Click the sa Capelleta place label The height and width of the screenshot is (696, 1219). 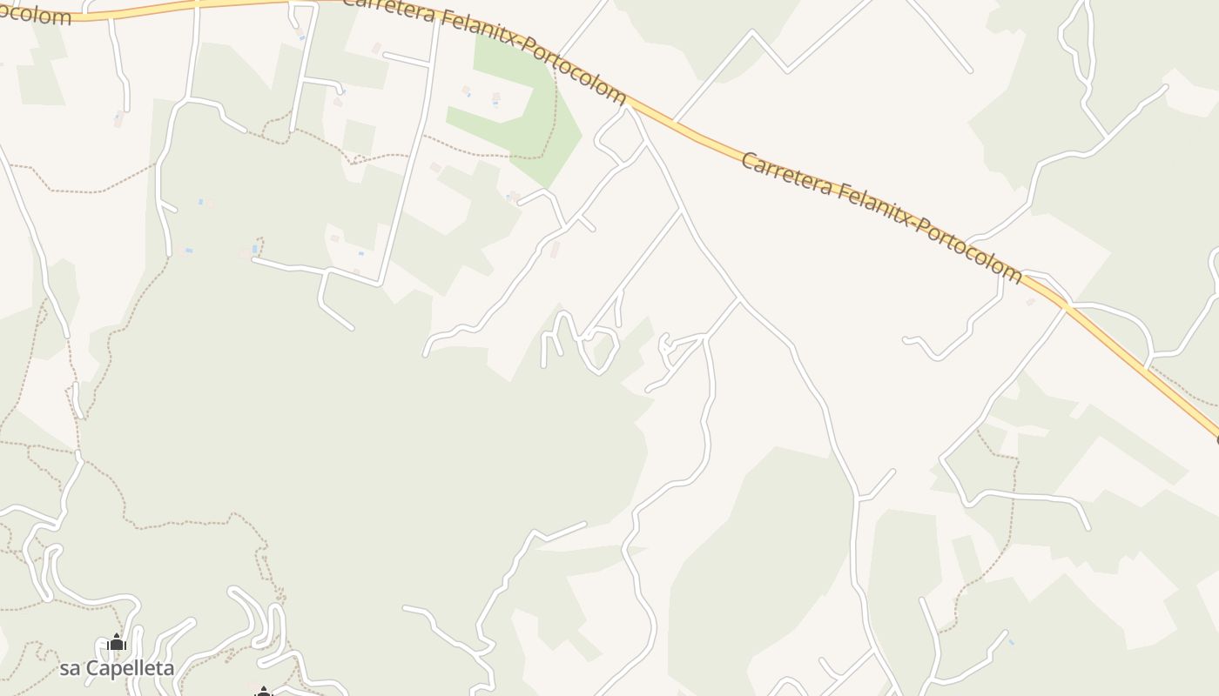coord(117,668)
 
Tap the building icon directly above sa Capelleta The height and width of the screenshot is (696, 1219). coord(117,643)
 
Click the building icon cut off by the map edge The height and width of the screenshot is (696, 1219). coord(264,692)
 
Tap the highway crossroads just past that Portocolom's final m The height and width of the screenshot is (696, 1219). coord(1063,304)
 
